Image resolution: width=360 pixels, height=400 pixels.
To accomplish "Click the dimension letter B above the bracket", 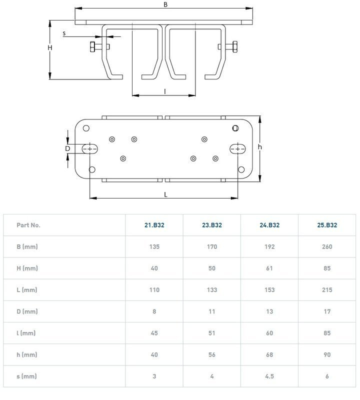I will [x=165, y=4].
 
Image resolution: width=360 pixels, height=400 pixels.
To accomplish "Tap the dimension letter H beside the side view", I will [x=50, y=47].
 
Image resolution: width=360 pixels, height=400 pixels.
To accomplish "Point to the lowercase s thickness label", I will [x=64, y=33].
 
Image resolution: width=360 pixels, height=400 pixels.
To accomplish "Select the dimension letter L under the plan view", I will [x=165, y=194].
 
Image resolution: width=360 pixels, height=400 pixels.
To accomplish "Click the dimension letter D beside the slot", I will [x=67, y=148].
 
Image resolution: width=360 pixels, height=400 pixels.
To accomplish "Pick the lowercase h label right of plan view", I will [x=260, y=147].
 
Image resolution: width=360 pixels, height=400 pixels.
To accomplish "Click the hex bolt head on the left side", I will [x=92, y=47].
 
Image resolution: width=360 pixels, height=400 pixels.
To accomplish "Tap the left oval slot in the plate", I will [x=90, y=148].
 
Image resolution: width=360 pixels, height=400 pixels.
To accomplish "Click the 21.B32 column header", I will [x=154, y=225].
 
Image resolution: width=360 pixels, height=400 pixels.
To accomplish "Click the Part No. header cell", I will [x=28, y=225].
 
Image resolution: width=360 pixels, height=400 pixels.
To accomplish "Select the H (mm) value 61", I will [x=269, y=268].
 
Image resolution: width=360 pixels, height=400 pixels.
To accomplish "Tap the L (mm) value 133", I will [x=212, y=290].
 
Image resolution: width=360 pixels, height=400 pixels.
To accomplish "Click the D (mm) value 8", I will [x=154, y=311].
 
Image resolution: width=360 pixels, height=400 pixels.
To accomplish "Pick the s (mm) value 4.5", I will [x=269, y=376].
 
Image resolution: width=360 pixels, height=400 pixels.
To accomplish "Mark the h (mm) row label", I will [x=27, y=354].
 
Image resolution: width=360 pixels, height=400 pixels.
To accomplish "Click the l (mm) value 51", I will [x=212, y=333].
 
